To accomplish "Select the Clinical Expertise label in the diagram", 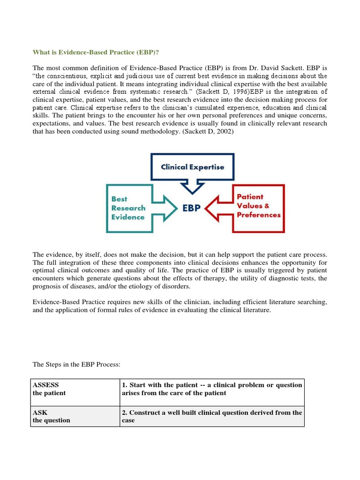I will (x=192, y=167).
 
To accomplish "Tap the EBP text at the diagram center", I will (x=191, y=208).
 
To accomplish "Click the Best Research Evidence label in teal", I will (x=128, y=208).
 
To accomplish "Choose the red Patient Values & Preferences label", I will (x=258, y=206).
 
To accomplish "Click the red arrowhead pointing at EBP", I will (x=215, y=208).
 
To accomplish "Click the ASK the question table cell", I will (x=75, y=416).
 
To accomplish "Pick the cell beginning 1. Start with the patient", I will (x=212, y=389).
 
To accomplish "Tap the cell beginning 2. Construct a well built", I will (x=212, y=416).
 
